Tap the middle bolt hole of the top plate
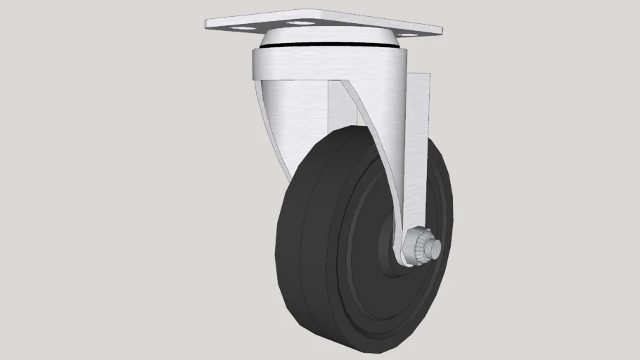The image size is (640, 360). (x=300, y=22)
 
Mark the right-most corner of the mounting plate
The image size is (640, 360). (x=441, y=31)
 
